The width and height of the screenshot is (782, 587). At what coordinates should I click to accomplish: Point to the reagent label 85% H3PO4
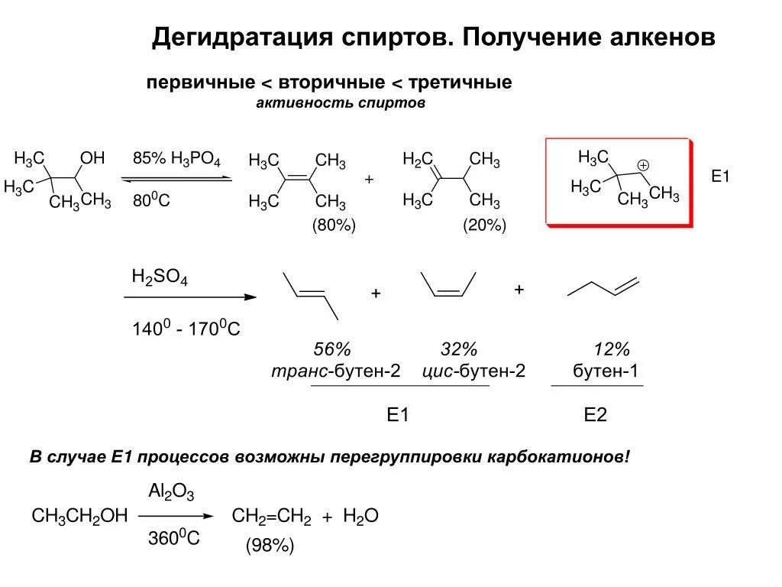click(176, 160)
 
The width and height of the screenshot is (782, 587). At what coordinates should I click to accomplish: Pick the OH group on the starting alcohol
click(92, 158)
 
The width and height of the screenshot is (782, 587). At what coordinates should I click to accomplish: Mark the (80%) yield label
click(334, 225)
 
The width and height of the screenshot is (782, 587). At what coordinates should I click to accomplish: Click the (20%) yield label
click(484, 225)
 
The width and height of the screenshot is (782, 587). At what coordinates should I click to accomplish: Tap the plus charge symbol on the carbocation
click(643, 165)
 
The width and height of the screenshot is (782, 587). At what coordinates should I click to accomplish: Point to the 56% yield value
click(333, 350)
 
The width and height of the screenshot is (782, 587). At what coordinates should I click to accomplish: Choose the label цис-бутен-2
click(473, 371)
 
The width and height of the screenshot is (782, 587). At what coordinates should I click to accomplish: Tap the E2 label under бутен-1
click(595, 415)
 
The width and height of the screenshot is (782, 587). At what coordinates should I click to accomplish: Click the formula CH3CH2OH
click(79, 517)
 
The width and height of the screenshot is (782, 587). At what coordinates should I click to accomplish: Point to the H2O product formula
click(361, 517)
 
